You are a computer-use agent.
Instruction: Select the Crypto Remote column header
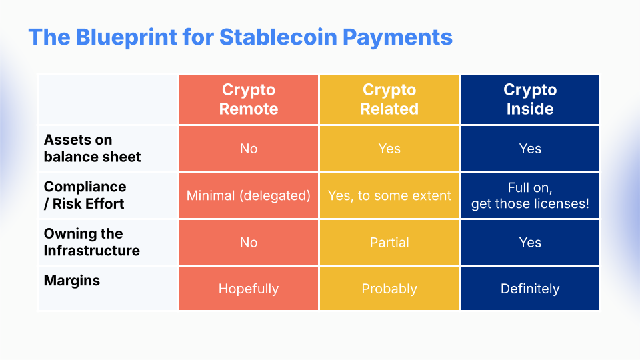pos(249,99)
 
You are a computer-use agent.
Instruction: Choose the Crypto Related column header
pos(389,99)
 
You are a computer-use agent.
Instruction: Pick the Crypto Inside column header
pos(530,99)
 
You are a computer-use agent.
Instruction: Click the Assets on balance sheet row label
pos(92,148)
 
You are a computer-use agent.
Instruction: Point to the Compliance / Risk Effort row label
pos(85,195)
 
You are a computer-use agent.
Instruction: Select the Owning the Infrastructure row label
pos(92,242)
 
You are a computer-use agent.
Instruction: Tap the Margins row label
pos(72,281)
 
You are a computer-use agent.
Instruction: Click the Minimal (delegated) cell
pos(249,195)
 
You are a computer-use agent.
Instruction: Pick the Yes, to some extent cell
pos(389,196)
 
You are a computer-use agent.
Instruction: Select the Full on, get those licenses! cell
pos(530,195)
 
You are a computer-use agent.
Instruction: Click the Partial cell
pos(389,243)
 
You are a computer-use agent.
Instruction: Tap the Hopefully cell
pos(249,289)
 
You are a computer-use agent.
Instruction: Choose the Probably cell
pos(389,289)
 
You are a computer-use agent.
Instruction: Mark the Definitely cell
pos(530,289)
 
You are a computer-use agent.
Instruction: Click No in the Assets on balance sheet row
pos(249,149)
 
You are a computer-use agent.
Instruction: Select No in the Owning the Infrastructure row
pos(249,243)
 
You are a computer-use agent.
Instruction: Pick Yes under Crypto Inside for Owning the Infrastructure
pos(530,243)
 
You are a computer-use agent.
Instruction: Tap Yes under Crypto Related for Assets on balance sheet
pos(389,149)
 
